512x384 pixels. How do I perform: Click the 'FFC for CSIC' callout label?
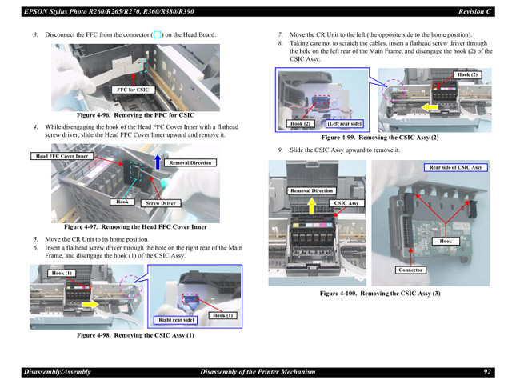tap(134, 90)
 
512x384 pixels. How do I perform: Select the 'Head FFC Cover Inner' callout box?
tap(62, 156)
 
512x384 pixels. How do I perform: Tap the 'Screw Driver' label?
tap(161, 204)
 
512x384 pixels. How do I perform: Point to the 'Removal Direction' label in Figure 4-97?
tap(190, 162)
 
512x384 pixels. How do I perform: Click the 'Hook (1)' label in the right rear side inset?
tap(223, 315)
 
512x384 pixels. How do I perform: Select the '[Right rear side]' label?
tap(175, 320)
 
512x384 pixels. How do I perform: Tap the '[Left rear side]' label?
tap(344, 124)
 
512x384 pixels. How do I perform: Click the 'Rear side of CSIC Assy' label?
tap(455, 168)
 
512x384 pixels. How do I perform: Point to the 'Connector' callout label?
tap(410, 270)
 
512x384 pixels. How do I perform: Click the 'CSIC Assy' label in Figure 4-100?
tap(346, 204)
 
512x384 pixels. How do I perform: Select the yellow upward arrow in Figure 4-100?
tap(310, 208)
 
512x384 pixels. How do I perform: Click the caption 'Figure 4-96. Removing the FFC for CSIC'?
tap(135, 116)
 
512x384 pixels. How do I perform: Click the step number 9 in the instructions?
tap(280, 150)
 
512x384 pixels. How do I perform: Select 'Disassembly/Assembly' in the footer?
tap(57, 372)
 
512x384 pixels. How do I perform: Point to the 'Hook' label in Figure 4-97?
tap(122, 202)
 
